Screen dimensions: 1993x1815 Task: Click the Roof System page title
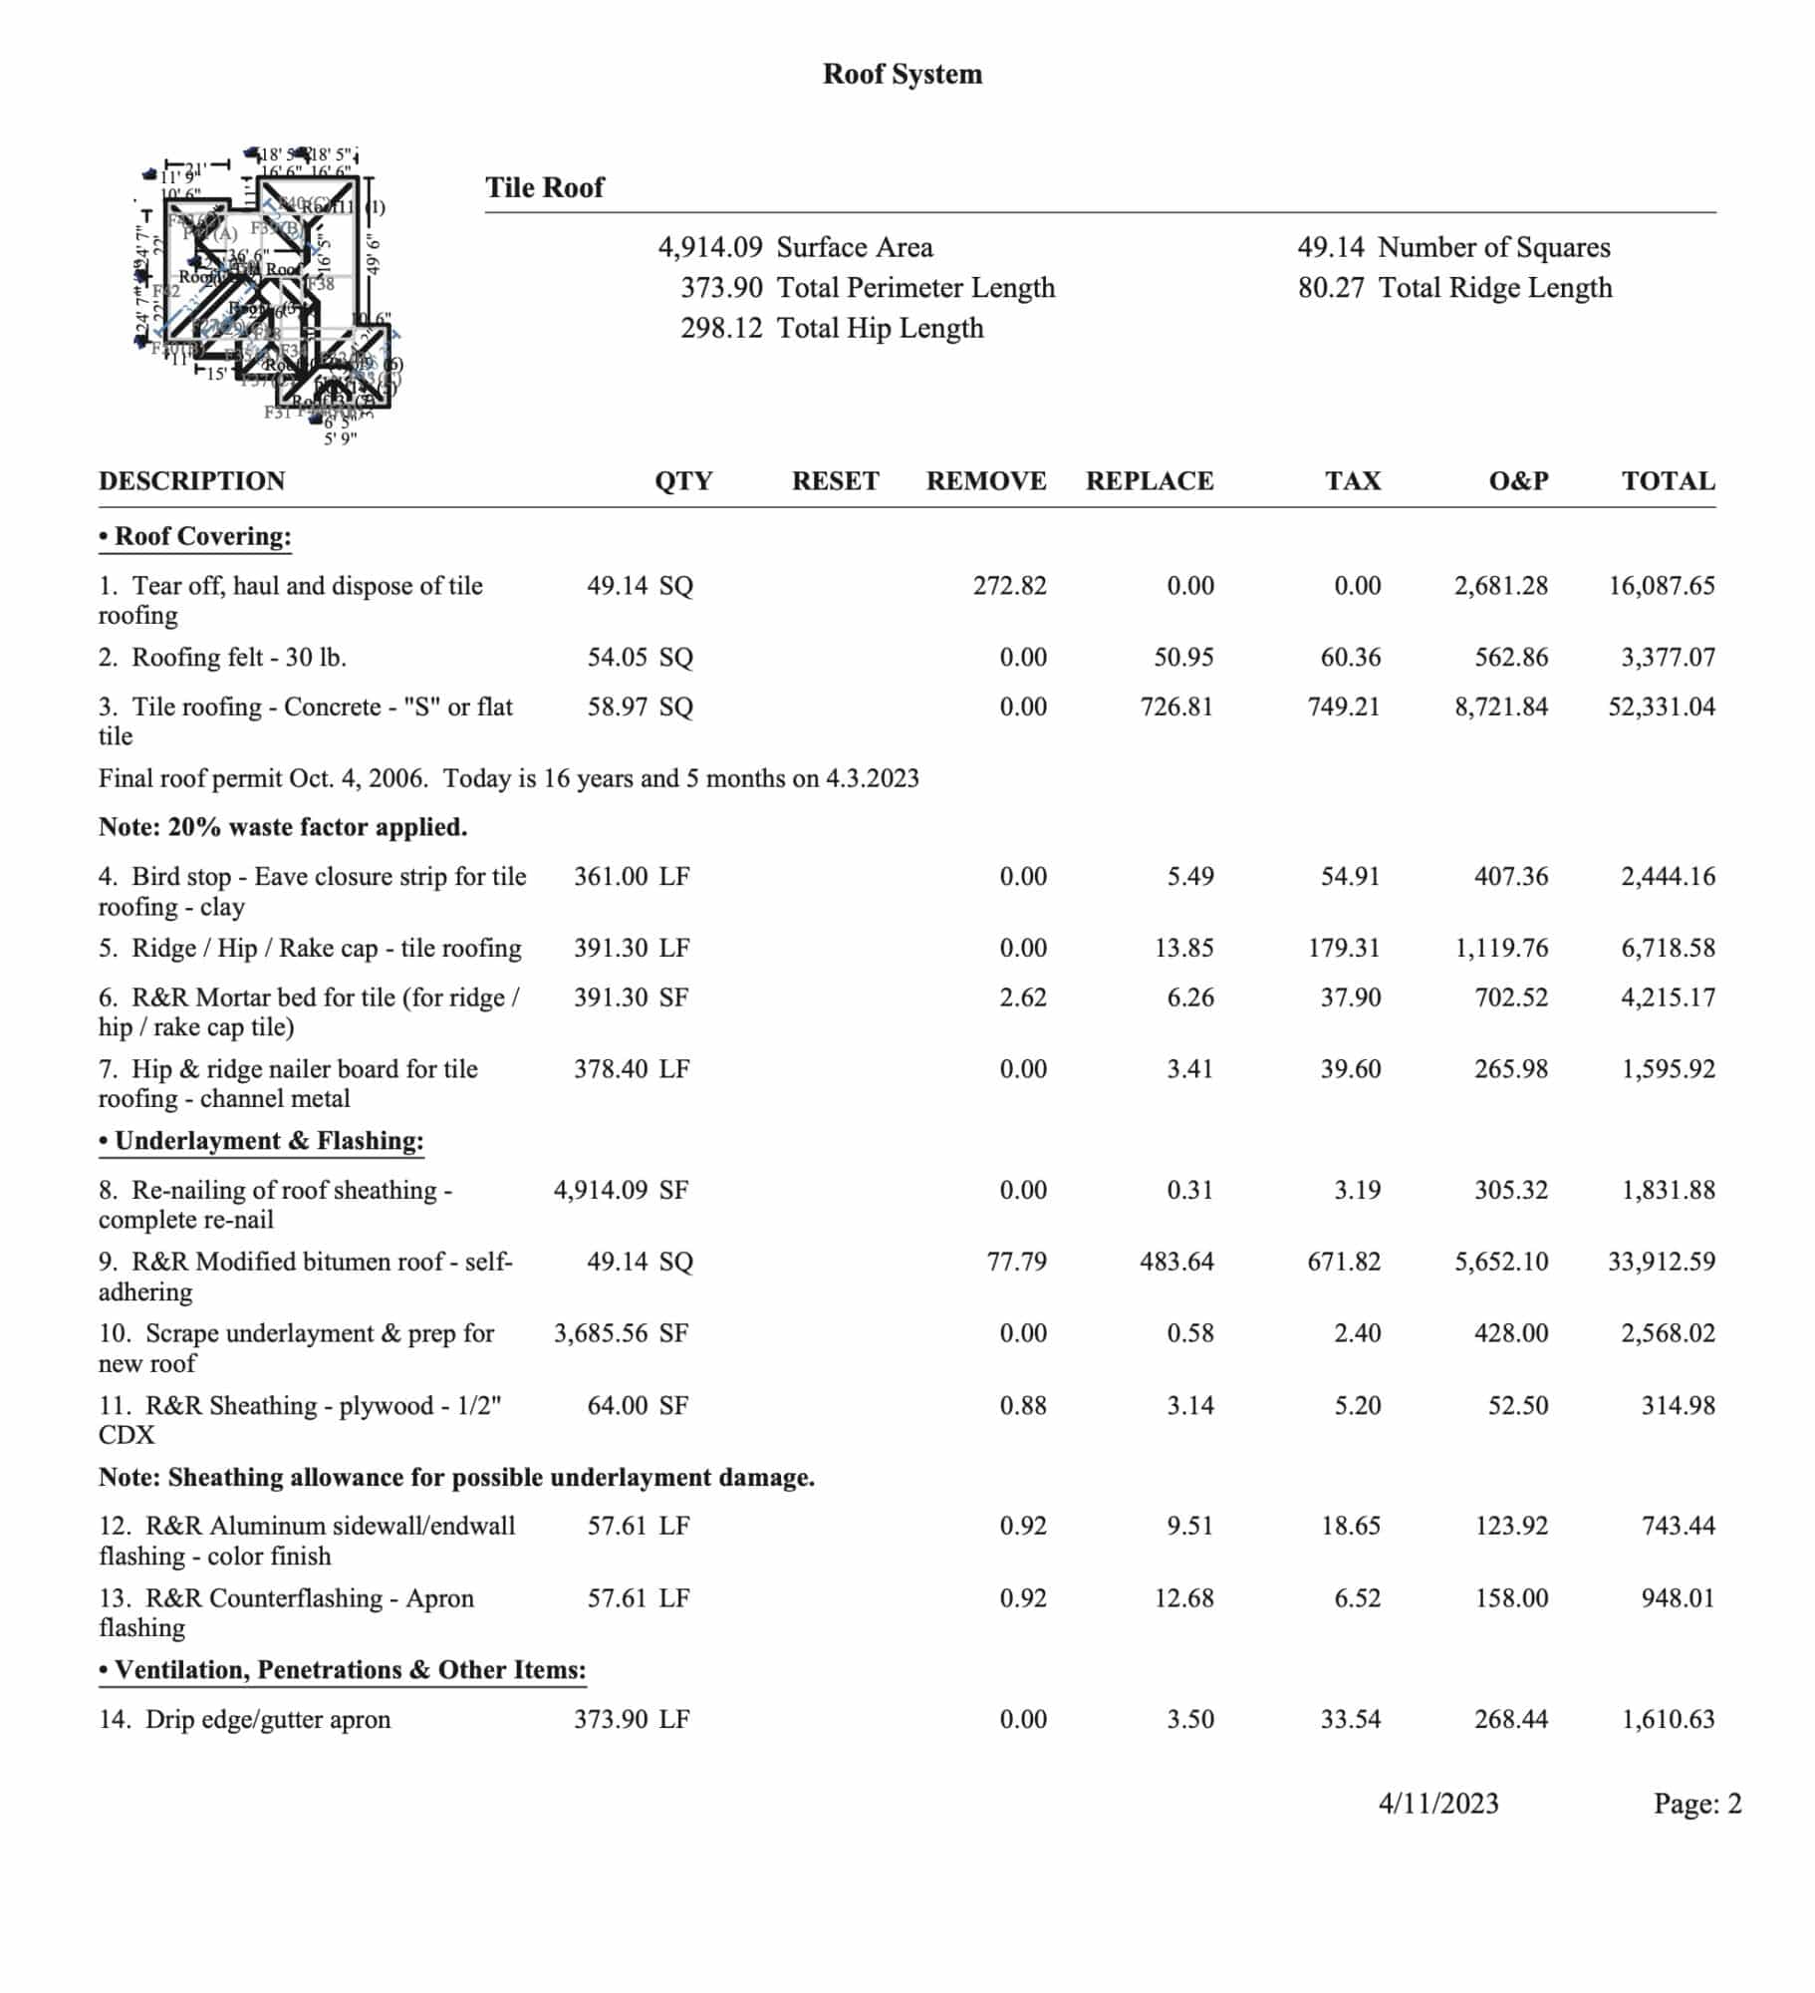coord(902,74)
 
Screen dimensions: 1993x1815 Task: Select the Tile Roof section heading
coord(544,187)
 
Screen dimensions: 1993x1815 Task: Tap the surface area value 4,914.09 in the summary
coord(710,247)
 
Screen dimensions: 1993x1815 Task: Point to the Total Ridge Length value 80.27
coord(1330,288)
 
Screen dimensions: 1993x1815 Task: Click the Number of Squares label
coord(1493,247)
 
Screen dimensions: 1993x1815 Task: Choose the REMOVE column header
coord(985,481)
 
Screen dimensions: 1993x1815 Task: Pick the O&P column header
coord(1517,481)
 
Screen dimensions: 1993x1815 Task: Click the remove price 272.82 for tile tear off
coord(1009,586)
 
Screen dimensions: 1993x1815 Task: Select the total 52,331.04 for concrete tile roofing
coord(1661,708)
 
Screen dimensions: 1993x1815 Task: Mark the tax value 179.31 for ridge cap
coord(1343,948)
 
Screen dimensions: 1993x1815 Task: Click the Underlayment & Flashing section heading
coord(261,1141)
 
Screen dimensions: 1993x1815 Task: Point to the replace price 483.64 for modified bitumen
coord(1176,1262)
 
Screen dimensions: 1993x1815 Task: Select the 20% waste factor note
coord(283,827)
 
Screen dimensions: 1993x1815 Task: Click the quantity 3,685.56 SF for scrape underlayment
coord(621,1333)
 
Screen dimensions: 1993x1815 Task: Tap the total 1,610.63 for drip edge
coord(1668,1719)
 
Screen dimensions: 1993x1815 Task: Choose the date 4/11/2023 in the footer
coord(1437,1804)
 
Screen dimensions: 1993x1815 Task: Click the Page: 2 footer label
coord(1696,1804)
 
